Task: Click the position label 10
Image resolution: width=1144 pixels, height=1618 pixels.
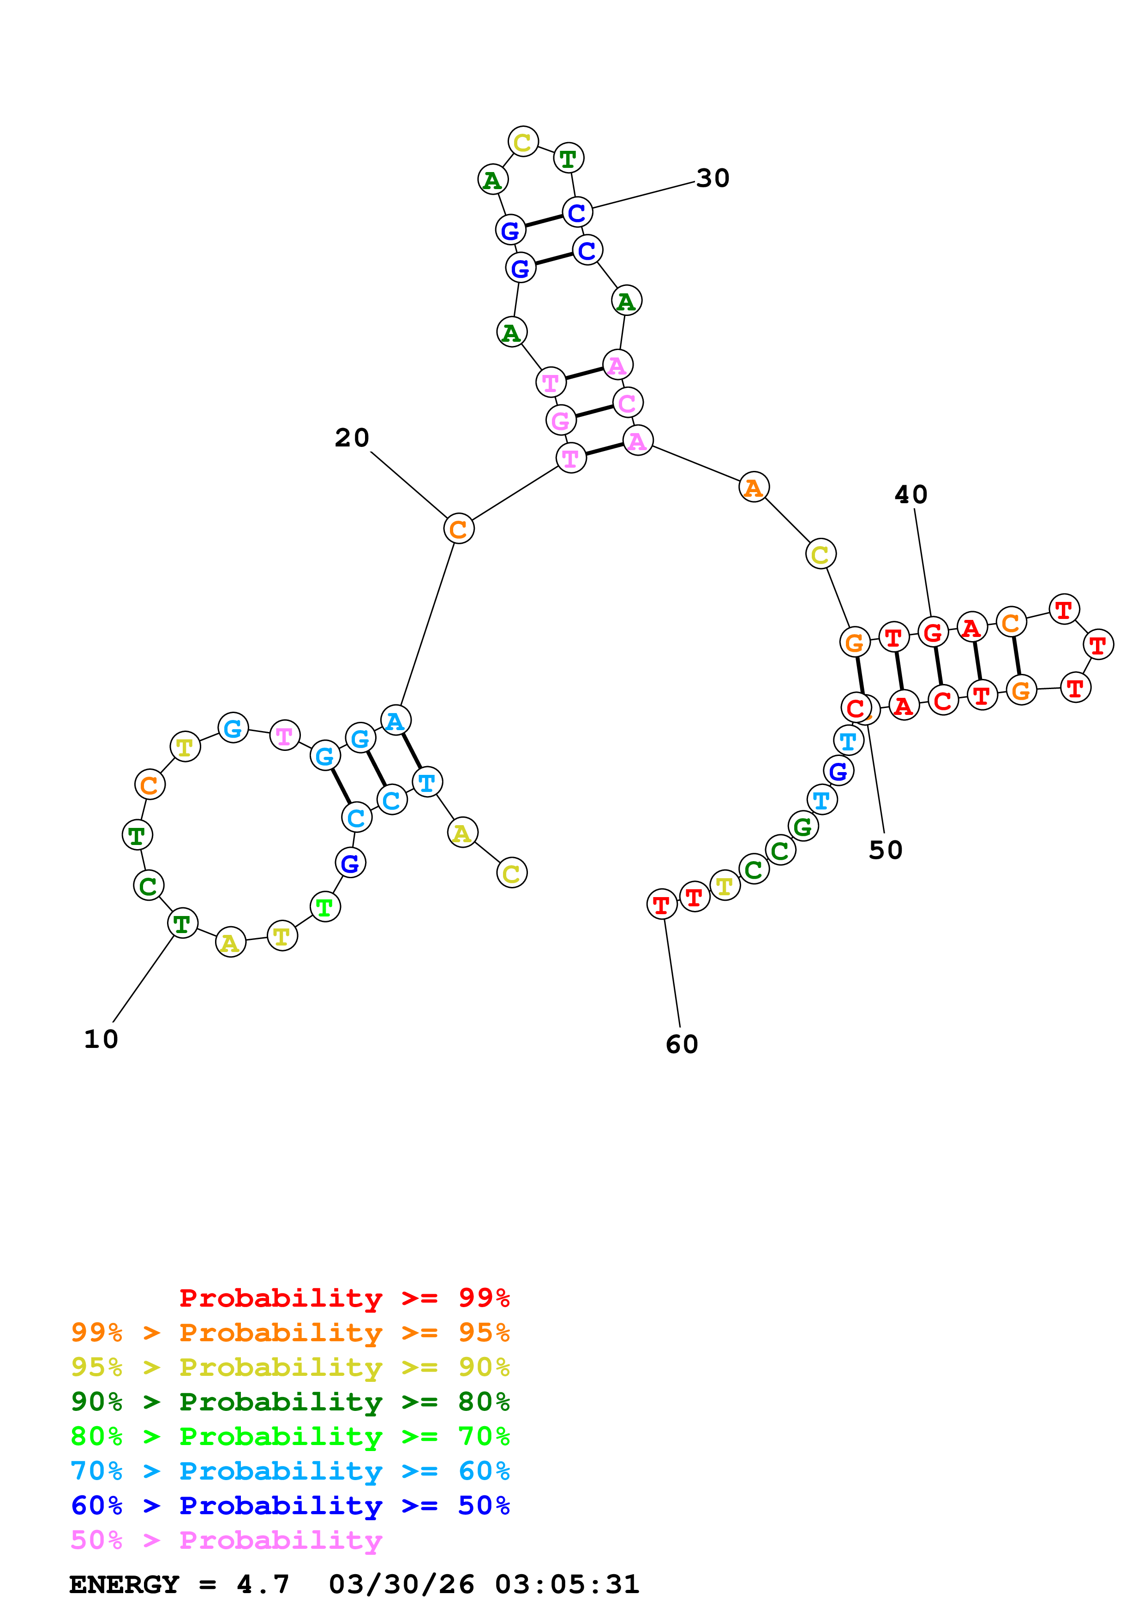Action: click(x=101, y=1040)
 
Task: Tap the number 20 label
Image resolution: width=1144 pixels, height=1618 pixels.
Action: click(x=352, y=438)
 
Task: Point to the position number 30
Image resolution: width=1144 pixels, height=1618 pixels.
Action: click(x=713, y=178)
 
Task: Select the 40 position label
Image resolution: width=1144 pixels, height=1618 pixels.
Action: click(x=910, y=495)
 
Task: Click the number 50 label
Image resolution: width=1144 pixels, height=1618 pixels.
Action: click(x=885, y=850)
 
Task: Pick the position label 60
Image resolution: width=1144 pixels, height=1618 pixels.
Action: click(x=682, y=1044)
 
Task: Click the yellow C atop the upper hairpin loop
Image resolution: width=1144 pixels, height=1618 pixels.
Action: click(x=522, y=143)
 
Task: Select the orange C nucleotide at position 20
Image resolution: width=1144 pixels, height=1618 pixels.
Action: click(x=458, y=529)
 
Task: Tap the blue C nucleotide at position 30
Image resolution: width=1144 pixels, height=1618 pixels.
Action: click(x=576, y=212)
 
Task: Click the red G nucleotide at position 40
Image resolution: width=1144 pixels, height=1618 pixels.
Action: click(x=933, y=632)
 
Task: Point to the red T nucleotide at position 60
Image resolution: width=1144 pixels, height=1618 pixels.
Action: click(x=661, y=904)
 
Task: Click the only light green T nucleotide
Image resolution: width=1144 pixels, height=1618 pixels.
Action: click(x=325, y=907)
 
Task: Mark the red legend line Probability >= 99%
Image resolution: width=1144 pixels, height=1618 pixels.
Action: click(x=344, y=1298)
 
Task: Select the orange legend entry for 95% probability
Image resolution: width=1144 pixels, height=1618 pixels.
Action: click(x=290, y=1332)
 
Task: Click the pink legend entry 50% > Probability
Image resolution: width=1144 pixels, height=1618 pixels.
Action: click(x=226, y=1541)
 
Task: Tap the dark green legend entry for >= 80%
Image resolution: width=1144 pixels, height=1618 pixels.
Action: click(x=290, y=1402)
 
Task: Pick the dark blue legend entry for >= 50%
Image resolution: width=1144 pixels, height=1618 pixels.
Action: click(x=290, y=1506)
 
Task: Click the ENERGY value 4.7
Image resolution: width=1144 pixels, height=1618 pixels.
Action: click(x=262, y=1585)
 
